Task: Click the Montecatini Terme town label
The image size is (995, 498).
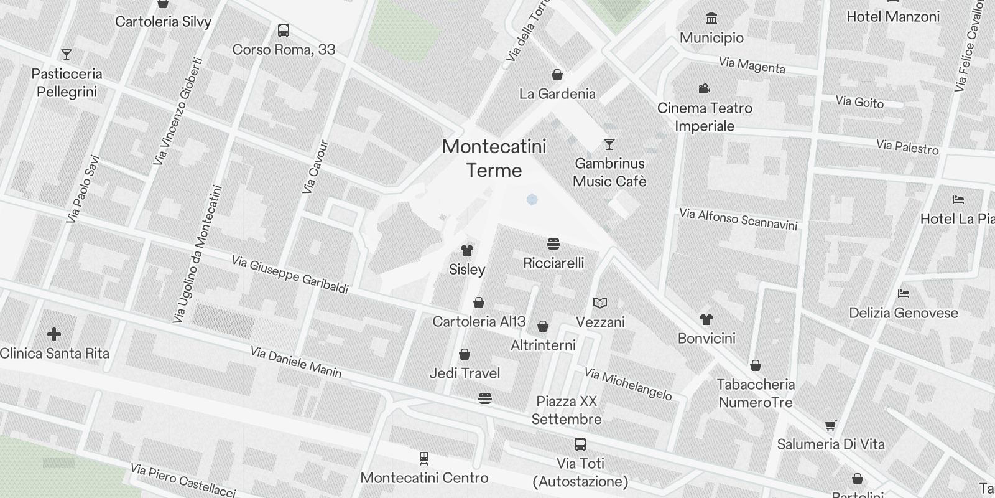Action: [x=494, y=158]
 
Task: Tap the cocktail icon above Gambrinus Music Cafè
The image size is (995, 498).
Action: [x=609, y=144]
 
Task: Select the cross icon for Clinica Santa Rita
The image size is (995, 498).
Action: [x=54, y=335]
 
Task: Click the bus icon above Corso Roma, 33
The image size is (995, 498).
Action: [x=284, y=31]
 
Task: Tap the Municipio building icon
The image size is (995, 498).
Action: [x=711, y=19]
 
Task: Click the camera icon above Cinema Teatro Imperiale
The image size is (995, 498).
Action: [x=704, y=89]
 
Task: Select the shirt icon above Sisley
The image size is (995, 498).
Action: [x=467, y=250]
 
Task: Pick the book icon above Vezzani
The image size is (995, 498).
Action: [x=600, y=303]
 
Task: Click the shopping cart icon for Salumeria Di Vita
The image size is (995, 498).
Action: [x=831, y=426]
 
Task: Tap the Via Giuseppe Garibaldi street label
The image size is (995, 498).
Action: [x=290, y=275]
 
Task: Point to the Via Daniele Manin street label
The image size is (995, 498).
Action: [x=296, y=362]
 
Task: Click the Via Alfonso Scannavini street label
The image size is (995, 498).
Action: [x=738, y=219]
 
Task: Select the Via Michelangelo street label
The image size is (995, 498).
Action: [x=628, y=384]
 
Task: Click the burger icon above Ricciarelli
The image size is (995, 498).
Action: [x=553, y=243]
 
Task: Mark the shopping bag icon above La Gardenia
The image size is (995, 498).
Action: [x=557, y=75]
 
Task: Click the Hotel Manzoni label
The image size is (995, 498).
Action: [x=893, y=17]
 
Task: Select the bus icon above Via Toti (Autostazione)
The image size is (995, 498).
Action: [x=580, y=444]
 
